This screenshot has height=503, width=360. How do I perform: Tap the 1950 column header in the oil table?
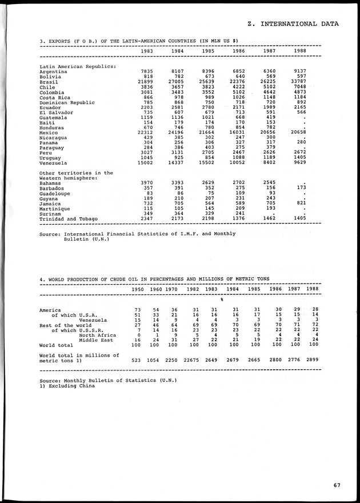[x=138, y=289]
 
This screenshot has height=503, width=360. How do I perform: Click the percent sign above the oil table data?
[x=221, y=300]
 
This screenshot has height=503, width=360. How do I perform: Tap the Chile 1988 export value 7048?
[x=301, y=87]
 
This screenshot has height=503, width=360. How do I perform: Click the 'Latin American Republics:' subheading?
[x=78, y=66]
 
